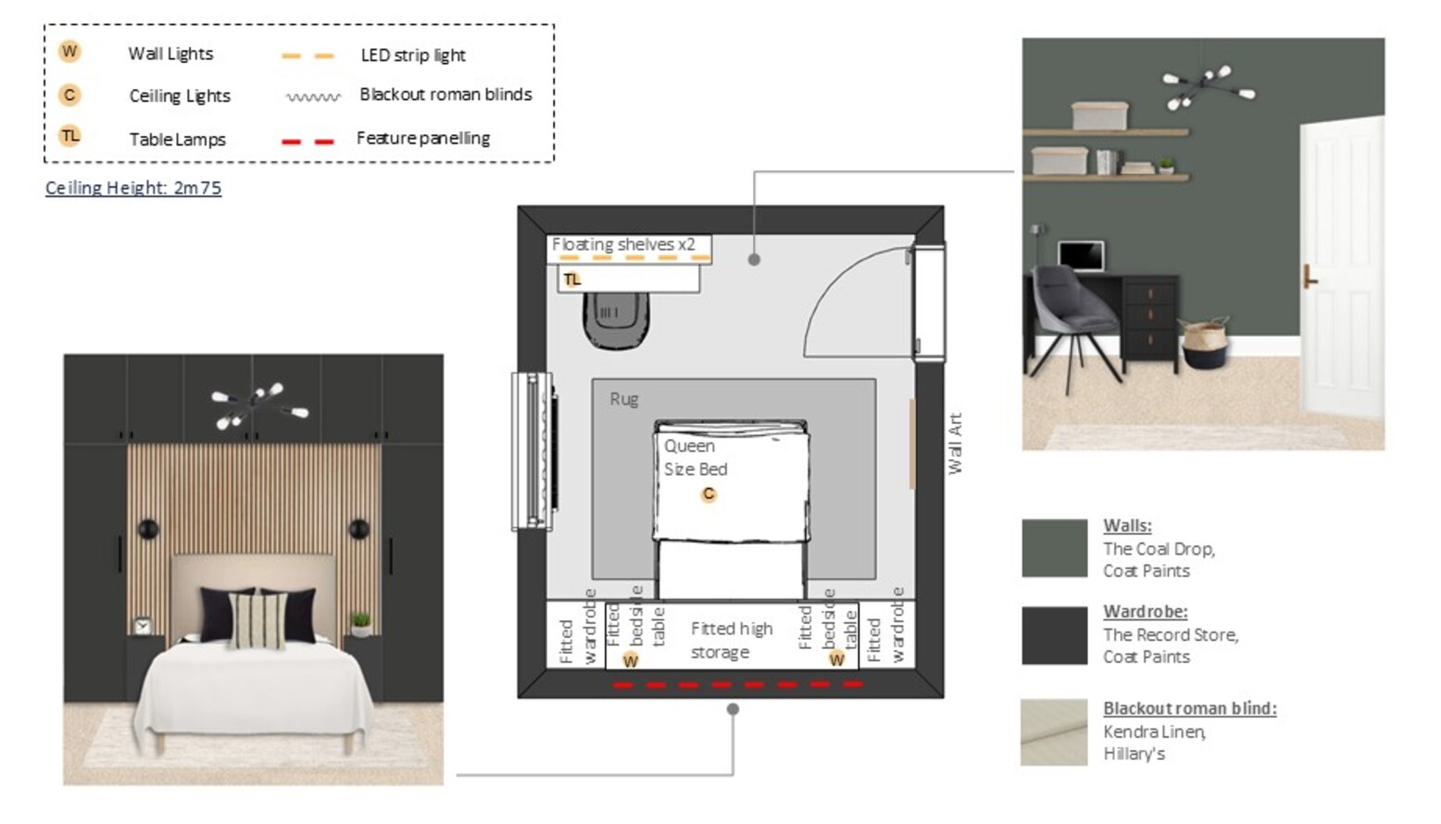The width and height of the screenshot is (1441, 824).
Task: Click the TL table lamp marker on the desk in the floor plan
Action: coord(571,280)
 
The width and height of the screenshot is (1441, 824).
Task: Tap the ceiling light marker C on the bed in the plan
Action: coord(708,494)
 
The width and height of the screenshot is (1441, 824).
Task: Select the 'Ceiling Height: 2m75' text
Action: coord(133,188)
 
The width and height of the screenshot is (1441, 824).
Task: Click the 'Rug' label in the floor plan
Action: coord(623,399)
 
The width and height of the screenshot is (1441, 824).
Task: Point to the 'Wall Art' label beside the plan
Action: coord(956,443)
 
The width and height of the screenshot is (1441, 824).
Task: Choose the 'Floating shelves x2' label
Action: coord(623,244)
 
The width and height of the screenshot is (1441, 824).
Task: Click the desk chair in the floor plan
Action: coord(616,320)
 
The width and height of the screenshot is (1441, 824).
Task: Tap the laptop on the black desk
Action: coord(1081,256)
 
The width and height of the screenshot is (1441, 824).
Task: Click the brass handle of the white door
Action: coord(1309,277)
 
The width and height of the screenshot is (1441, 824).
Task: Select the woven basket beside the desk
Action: coord(1205,343)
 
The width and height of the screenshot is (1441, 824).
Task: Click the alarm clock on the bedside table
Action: coord(143,625)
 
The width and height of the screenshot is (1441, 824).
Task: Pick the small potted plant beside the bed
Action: coord(361,624)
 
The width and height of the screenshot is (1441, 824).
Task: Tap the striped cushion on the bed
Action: coord(258,620)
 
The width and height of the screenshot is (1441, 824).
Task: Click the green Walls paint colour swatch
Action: coord(1055,548)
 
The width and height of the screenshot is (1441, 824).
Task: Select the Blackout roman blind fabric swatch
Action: coord(1054,732)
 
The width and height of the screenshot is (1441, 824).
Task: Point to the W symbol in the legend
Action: coord(69,52)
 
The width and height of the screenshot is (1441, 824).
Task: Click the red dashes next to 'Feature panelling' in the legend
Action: coord(307,141)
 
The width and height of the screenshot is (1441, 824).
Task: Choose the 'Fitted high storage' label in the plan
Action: coord(732,640)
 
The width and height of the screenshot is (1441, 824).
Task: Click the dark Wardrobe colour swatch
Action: coord(1055,635)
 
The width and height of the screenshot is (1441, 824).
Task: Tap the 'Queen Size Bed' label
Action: coord(695,457)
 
